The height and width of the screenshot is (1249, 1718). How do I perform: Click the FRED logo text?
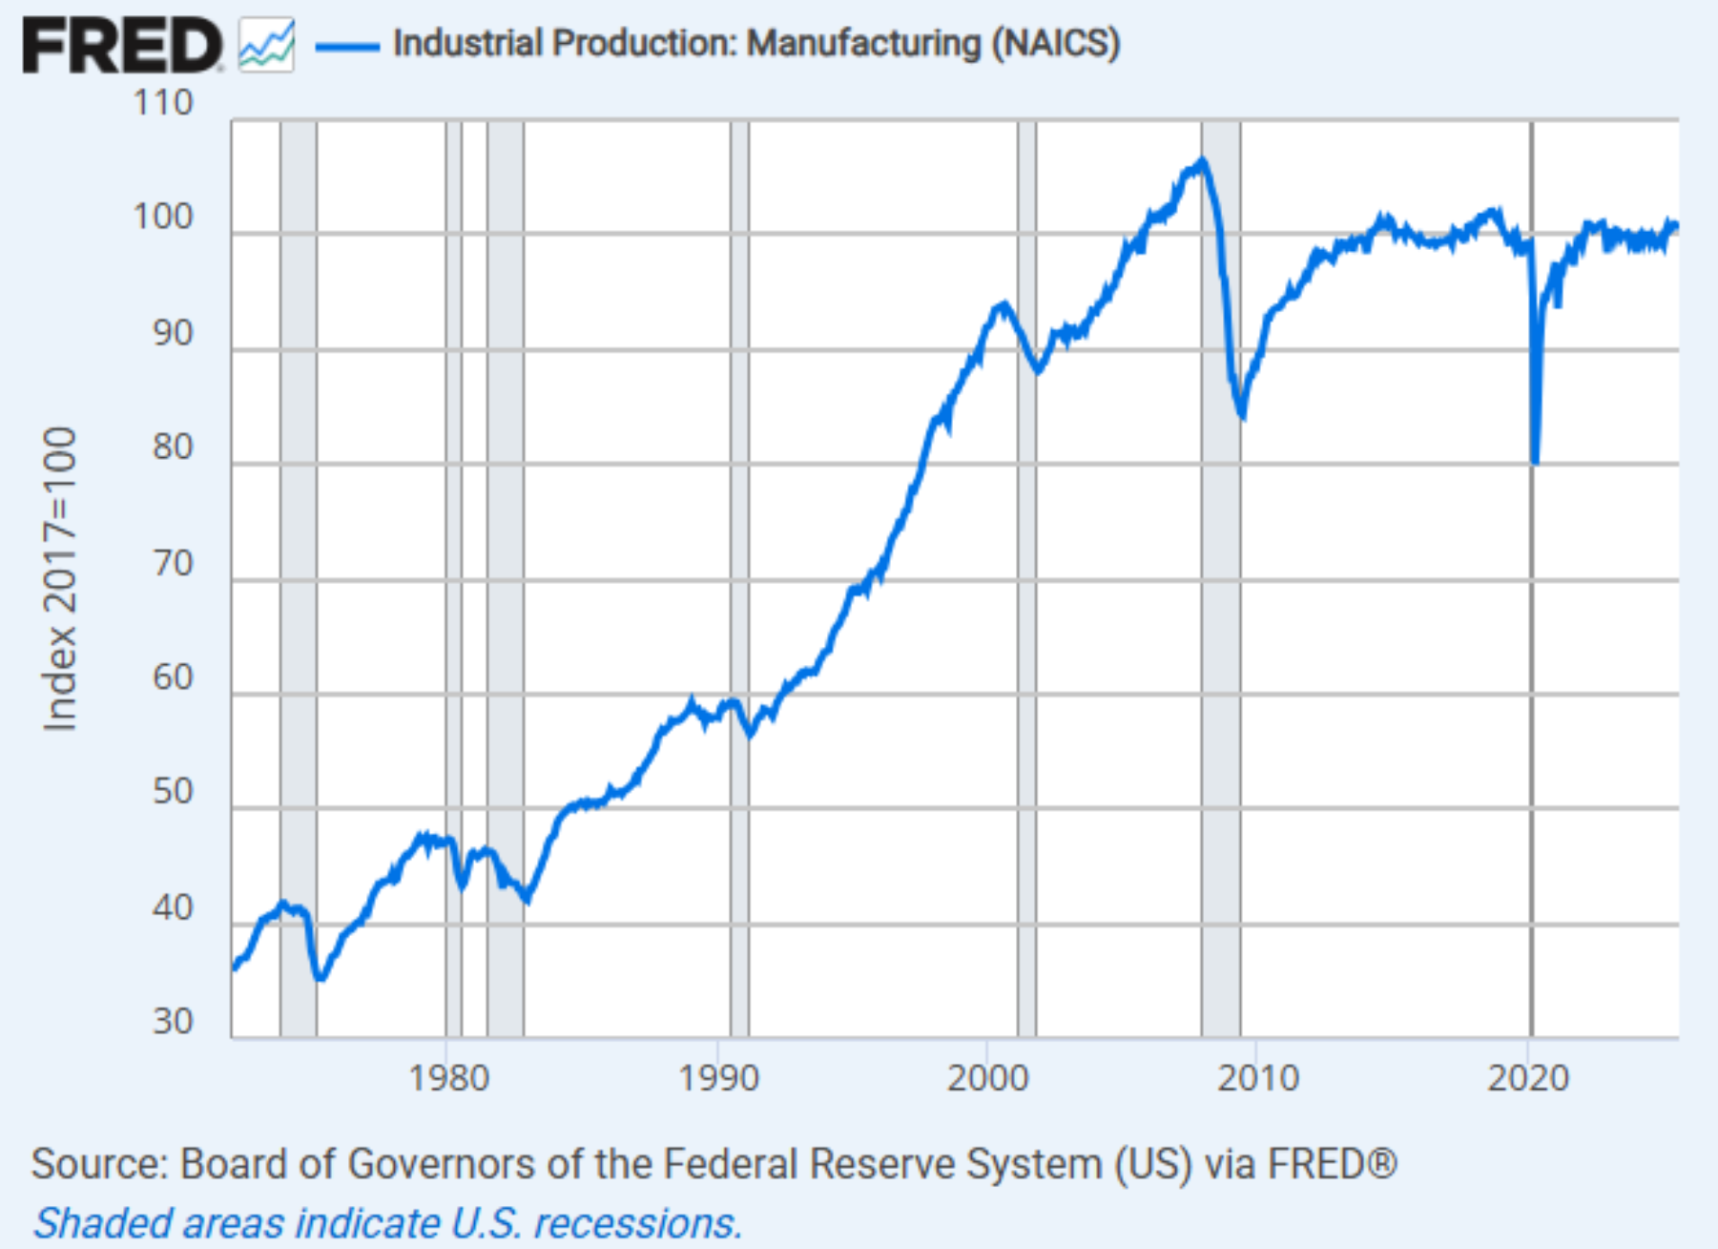pyautogui.click(x=121, y=46)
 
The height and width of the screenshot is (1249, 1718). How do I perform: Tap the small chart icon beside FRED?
pyautogui.click(x=266, y=46)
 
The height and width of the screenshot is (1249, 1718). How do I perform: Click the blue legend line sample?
pyautogui.click(x=347, y=46)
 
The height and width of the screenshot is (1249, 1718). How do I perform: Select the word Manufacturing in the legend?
pyautogui.click(x=863, y=44)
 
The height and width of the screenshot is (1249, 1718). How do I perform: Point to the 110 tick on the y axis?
pyautogui.click(x=163, y=103)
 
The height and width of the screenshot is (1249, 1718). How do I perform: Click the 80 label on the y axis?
pyautogui.click(x=173, y=447)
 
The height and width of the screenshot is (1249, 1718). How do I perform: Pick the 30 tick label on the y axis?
pyautogui.click(x=173, y=1022)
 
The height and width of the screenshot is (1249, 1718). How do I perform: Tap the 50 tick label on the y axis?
pyautogui.click(x=173, y=792)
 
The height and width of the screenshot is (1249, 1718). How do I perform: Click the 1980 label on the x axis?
pyautogui.click(x=448, y=1078)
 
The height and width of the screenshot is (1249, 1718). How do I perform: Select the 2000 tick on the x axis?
pyautogui.click(x=988, y=1078)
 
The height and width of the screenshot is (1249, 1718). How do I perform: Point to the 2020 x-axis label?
pyautogui.click(x=1528, y=1078)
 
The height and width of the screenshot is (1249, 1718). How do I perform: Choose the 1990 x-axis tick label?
pyautogui.click(x=718, y=1078)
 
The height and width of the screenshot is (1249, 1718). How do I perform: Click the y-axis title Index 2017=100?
pyautogui.click(x=60, y=579)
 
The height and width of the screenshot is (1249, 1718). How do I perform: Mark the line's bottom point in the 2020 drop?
pyautogui.click(x=1535, y=462)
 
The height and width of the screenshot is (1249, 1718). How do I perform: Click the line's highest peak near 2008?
pyautogui.click(x=1203, y=160)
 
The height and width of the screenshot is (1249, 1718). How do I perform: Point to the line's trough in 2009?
pyautogui.click(x=1241, y=416)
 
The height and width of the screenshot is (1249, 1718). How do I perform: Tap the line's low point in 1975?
pyautogui.click(x=321, y=978)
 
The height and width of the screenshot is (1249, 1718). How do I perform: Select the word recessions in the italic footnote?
pyautogui.click(x=636, y=1224)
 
